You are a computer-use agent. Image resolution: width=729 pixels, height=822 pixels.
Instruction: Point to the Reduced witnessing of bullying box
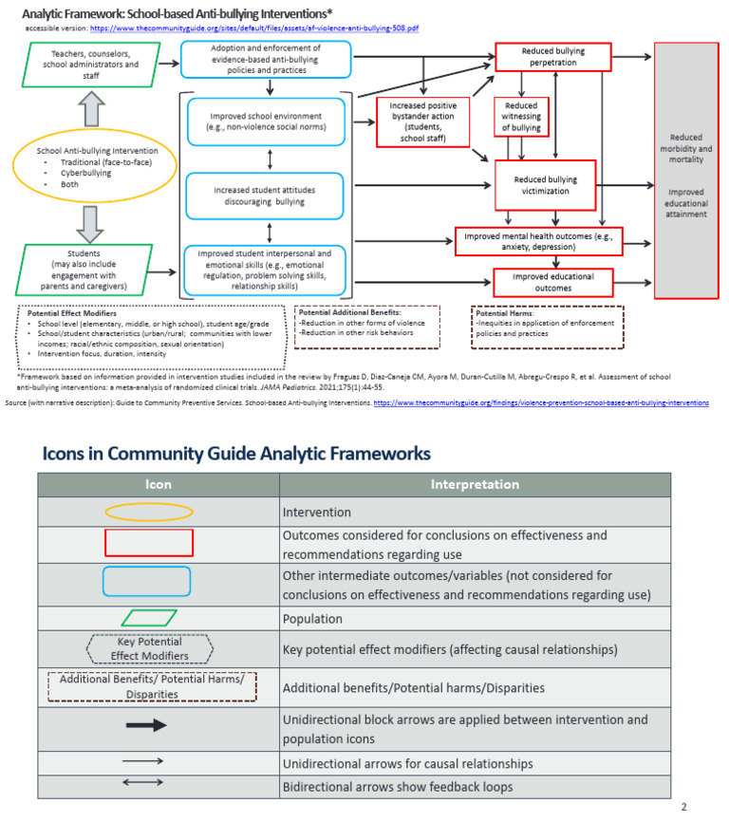tap(520, 116)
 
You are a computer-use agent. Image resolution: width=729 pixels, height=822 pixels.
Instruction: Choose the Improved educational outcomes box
tap(553, 282)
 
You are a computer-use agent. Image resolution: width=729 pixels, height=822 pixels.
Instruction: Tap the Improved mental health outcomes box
tap(538, 242)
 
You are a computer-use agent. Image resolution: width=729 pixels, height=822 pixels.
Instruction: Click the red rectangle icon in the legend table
tap(148, 542)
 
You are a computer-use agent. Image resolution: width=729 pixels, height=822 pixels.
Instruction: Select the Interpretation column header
tap(475, 484)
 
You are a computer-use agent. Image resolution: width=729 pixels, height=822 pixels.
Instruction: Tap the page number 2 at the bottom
tap(683, 807)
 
